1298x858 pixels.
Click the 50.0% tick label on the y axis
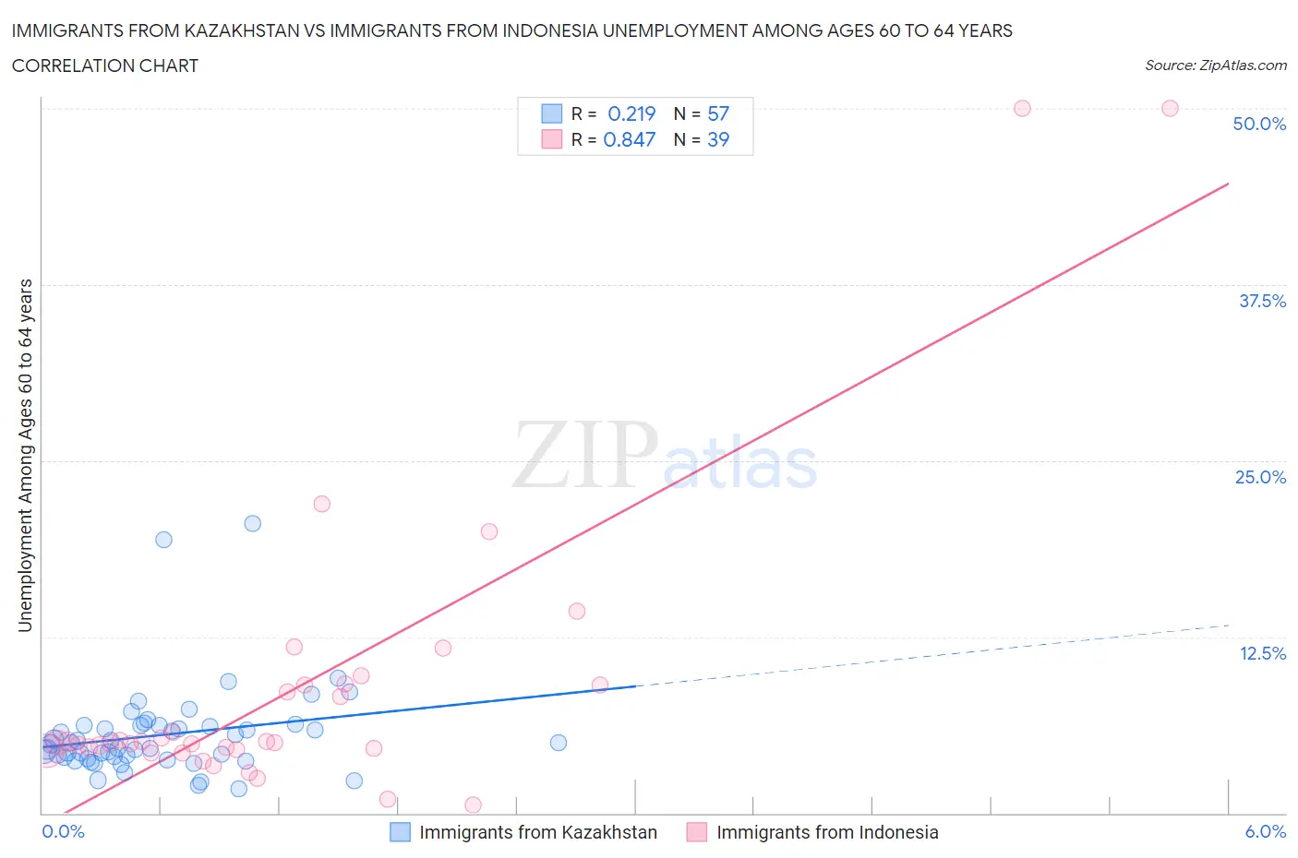coord(1259,124)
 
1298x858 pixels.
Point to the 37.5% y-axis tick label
coord(1262,301)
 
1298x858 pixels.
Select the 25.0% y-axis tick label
coord(1260,477)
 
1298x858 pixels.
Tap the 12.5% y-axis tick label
coord(1262,653)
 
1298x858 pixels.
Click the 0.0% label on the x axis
coord(63,831)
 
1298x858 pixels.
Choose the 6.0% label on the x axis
coord(1265,831)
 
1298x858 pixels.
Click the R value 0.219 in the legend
coord(631,113)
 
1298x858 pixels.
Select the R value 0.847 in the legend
coord(630,139)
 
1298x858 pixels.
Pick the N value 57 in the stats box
coord(718,113)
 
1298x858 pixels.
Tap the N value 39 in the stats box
coord(718,139)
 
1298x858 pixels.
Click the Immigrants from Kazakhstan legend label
coord(538,832)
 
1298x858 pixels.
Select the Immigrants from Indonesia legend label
coord(827,832)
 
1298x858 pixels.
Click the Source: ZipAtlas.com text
coord(1216,66)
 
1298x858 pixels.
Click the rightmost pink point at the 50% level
coord(1170,108)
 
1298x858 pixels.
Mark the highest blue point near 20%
coord(252,523)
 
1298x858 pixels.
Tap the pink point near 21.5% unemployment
coord(321,504)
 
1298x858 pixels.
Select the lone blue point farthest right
coord(558,743)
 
